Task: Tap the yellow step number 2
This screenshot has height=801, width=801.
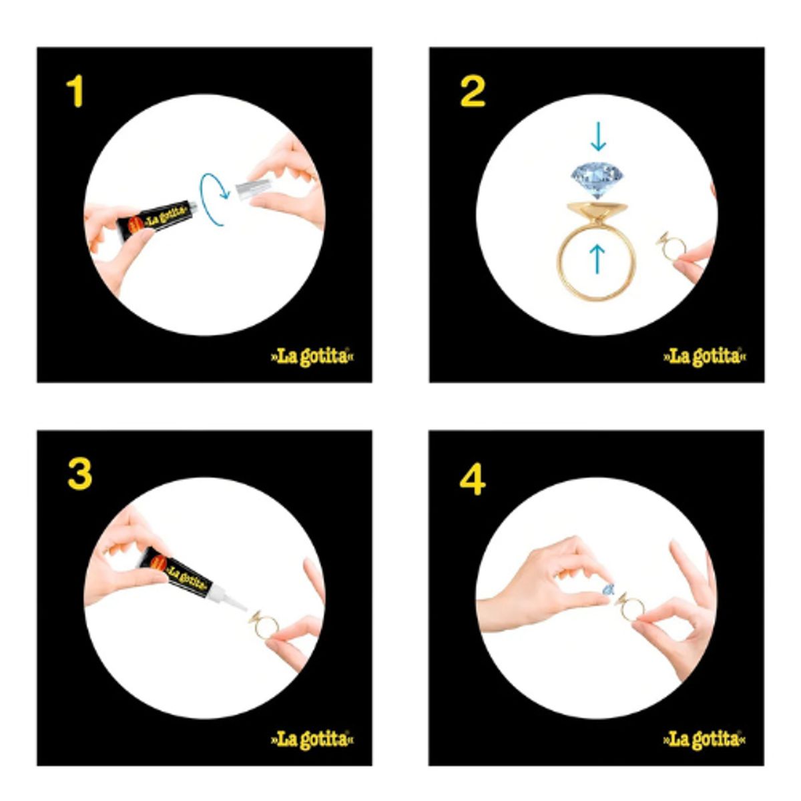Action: tap(472, 92)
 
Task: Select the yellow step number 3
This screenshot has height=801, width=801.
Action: tap(79, 475)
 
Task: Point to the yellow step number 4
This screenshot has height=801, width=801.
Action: tap(472, 479)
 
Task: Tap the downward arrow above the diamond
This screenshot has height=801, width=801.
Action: tap(597, 136)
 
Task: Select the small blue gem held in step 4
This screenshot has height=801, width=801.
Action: tap(607, 589)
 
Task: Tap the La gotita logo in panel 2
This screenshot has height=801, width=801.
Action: tap(704, 356)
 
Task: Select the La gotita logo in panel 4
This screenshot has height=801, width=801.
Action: tap(704, 739)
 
